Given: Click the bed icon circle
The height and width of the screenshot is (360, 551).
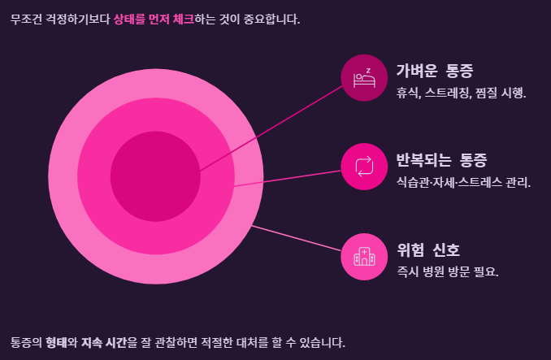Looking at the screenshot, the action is coord(364,78).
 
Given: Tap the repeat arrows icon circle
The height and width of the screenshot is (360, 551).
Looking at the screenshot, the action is coord(364,166).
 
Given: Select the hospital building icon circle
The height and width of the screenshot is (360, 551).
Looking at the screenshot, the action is coord(364,256).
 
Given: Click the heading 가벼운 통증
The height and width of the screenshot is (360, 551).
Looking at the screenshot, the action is coord(435,71).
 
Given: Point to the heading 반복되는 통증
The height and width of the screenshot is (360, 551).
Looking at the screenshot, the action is coord(441,159).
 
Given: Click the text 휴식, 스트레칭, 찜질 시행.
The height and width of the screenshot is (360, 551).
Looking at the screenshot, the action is coord(462,93).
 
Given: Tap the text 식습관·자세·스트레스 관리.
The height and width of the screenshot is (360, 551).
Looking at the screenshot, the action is coord(463,182).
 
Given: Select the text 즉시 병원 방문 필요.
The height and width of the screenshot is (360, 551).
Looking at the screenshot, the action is coord(448,271).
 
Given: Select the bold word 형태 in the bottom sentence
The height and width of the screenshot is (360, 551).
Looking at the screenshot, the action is coord(56,342).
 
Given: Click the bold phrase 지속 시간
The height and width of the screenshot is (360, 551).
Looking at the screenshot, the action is coord(103,342).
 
